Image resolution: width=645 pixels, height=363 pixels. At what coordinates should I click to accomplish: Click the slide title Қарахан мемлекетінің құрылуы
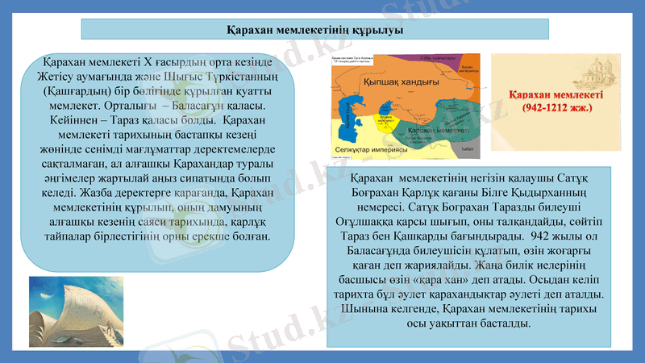(x=315, y=30)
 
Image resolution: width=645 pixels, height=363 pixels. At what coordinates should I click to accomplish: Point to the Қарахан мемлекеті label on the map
(x=439, y=130)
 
